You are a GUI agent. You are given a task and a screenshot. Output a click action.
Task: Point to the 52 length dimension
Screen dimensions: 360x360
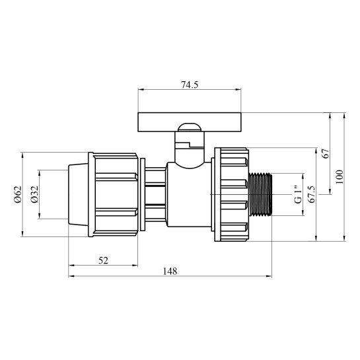point(103,260)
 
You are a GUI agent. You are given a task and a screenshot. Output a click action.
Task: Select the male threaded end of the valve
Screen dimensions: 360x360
point(262,194)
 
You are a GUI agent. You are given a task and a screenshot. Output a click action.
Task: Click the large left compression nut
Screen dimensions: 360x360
point(116,194)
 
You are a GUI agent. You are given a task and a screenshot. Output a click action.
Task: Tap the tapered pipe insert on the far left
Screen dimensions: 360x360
point(78,194)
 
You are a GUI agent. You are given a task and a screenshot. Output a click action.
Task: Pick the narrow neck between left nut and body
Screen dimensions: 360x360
point(153,194)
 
